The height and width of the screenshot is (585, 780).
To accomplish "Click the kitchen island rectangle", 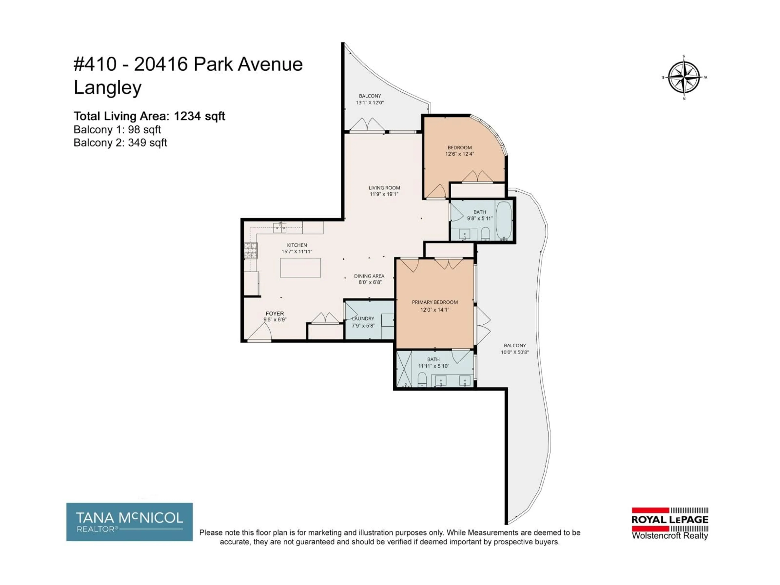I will coord(300,268).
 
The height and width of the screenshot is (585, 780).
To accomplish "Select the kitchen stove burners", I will coord(251,251).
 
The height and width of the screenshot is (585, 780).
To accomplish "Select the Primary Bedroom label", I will coord(435,302).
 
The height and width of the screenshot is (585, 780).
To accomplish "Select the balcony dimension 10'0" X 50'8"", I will coord(515,352).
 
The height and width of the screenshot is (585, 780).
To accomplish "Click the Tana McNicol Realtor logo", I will coord(129,522).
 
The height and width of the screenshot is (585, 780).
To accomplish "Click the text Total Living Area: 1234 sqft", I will coord(149,116).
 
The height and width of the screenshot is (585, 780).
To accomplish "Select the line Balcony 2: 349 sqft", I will coord(120,143).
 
